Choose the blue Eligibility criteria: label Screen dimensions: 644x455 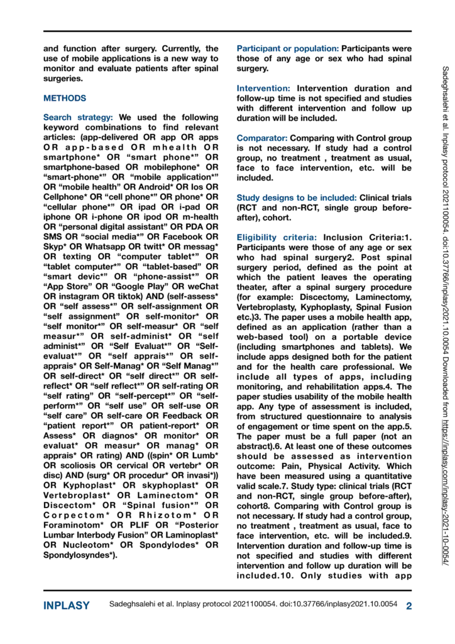click(x=277, y=237)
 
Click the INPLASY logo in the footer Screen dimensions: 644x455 click(x=66, y=606)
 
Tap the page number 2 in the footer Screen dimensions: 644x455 click(x=408, y=606)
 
